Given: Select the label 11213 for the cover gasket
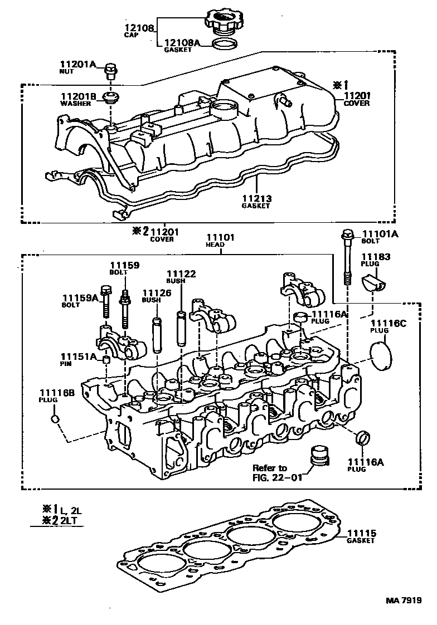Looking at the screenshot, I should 255,199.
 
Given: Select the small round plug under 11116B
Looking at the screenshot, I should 55,419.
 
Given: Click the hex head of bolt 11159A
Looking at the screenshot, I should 105,291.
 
